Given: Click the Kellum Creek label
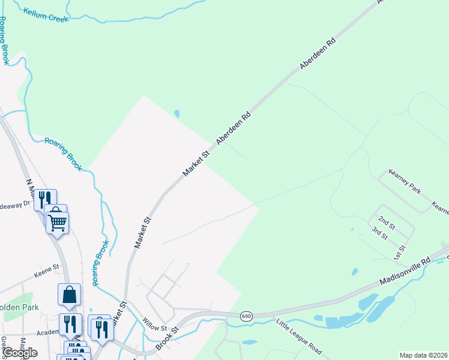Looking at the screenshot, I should pyautogui.click(x=46, y=15).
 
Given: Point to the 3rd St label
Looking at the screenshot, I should pyautogui.click(x=380, y=233).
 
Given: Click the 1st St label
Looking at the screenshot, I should pyautogui.click(x=401, y=252).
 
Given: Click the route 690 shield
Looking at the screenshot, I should pyautogui.click(x=246, y=316).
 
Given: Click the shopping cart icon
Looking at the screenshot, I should pyautogui.click(x=57, y=222).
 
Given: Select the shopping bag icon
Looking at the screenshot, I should pyautogui.click(x=69, y=295).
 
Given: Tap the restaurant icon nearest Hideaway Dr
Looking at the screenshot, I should pyautogui.click(x=45, y=199).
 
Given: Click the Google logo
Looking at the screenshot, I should pyautogui.click(x=20, y=352).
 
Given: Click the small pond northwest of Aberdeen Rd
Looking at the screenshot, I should pyautogui.click(x=176, y=113).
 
